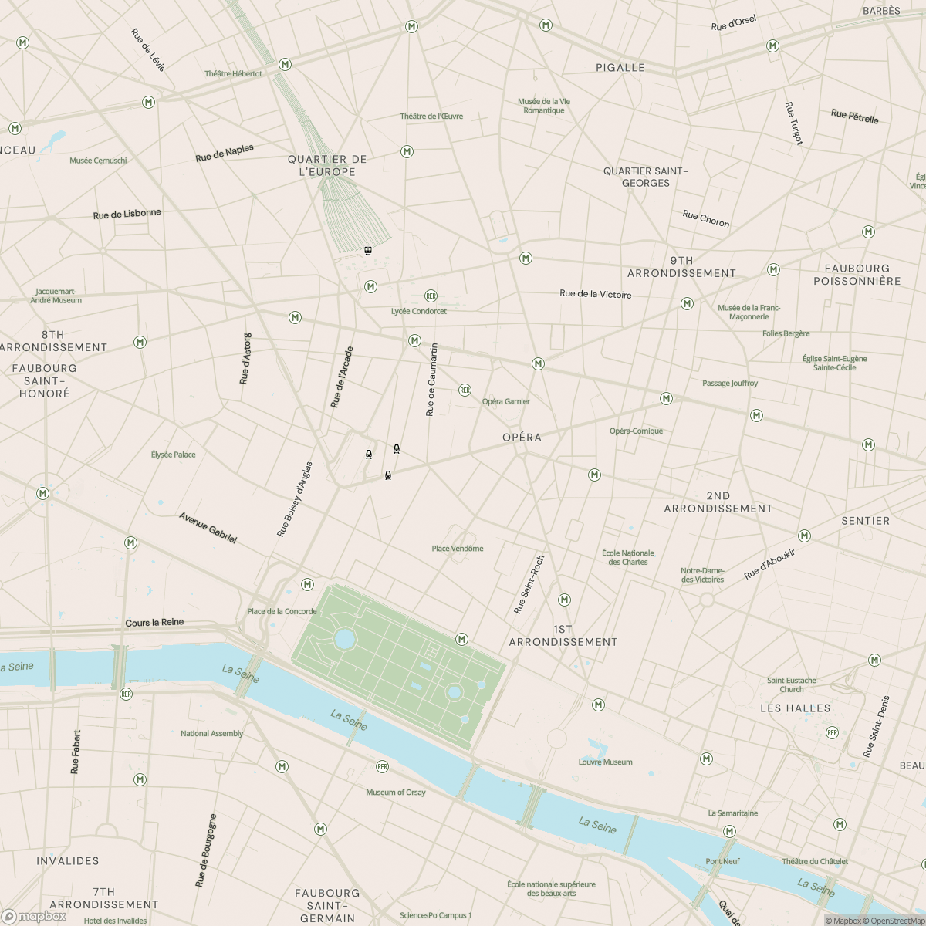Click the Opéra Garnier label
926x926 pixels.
pos(505,401)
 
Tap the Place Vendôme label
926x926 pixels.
pos(458,549)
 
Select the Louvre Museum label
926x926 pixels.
pos(605,762)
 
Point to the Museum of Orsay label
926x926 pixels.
pos(395,793)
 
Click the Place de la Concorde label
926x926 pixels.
pos(282,611)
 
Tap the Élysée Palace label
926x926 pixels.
pos(173,455)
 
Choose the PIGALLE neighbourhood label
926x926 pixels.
pos(620,68)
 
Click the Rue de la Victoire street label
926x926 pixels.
pos(595,294)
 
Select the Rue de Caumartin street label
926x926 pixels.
pos(432,380)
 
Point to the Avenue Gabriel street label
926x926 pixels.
pos(208,528)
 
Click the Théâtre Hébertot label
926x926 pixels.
pos(233,74)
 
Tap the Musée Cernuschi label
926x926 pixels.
pos(98,161)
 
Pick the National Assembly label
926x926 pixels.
pos(211,734)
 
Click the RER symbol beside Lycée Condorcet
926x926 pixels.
pos(431,296)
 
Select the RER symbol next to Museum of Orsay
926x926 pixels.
pos(382,766)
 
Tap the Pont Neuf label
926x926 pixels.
pos(722,861)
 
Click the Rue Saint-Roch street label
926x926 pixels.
pos(529,585)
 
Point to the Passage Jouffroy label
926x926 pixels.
pos(729,384)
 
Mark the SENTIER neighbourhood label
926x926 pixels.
pos(865,521)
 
